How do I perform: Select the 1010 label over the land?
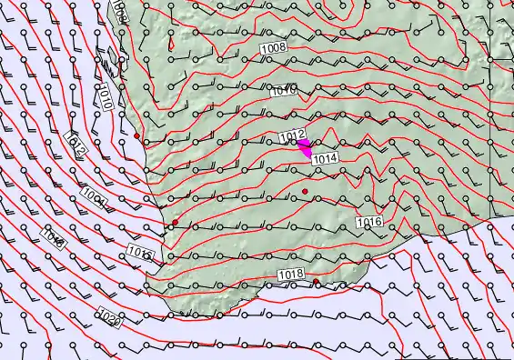coord(284,90)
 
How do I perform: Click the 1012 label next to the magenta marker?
coord(291,136)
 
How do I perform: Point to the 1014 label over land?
coord(325,158)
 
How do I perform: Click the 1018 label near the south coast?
coord(290,274)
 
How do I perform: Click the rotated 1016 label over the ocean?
coord(52,238)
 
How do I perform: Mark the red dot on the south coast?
coord(316,283)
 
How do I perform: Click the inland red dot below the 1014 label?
coord(306,190)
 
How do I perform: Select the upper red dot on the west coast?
coord(136,135)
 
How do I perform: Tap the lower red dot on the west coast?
coord(175,222)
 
